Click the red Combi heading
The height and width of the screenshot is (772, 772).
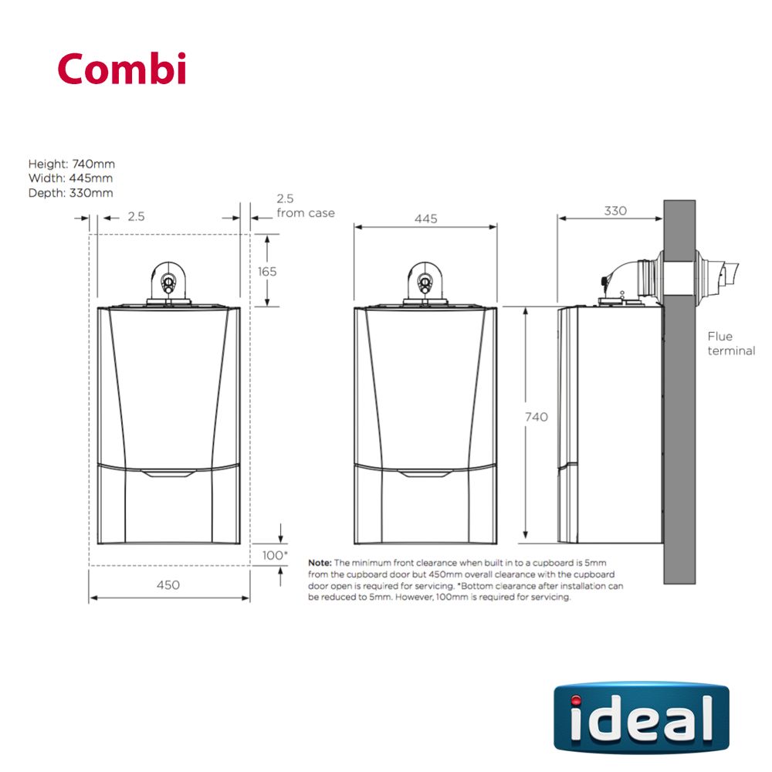121,69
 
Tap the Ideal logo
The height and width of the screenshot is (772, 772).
641,717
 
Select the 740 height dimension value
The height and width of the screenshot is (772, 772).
536,417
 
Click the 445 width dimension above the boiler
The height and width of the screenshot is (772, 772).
425,218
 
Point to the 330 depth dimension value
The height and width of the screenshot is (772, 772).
615,211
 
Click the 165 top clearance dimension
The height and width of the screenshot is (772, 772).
267,272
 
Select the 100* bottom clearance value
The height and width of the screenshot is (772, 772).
274,556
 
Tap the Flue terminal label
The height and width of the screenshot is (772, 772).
730,344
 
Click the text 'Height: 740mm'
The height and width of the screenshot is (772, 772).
71,164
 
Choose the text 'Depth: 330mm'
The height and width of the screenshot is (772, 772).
70,193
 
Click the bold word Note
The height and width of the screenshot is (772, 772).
319,563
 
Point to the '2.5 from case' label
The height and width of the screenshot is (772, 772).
304,206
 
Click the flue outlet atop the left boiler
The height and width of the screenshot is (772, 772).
168,282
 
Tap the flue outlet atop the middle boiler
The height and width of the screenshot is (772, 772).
425,282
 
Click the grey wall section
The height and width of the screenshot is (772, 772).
679,432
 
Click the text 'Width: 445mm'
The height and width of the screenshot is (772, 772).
69,178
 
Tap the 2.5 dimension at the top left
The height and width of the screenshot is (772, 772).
136,217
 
